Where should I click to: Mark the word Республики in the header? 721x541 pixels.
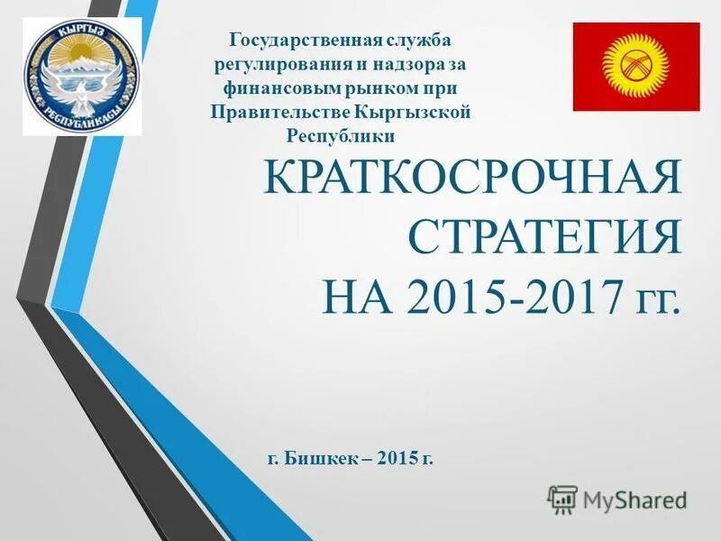(341, 135)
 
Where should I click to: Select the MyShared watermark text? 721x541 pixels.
(634, 499)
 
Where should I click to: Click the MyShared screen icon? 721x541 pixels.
(562, 499)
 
